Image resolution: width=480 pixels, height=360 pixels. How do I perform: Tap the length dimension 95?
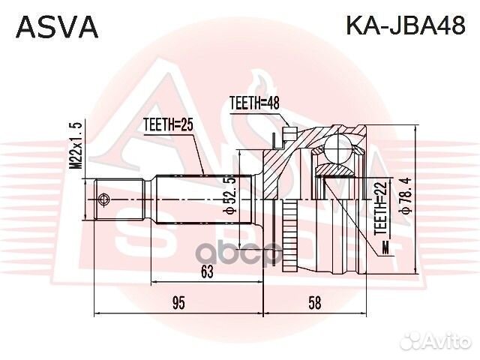tap(178, 303)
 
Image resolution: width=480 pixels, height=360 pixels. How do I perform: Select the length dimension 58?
tap(314, 303)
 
